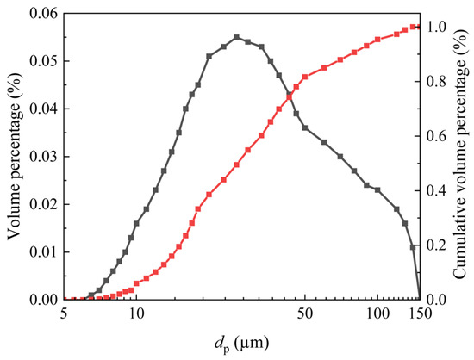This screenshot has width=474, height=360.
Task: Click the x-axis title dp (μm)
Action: pyautogui.click(x=240, y=343)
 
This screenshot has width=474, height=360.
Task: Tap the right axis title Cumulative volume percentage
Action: pyautogui.click(x=463, y=155)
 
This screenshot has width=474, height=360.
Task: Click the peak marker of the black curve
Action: pyautogui.click(x=237, y=37)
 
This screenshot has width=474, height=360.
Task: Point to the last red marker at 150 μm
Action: pyautogui.click(x=417, y=27)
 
